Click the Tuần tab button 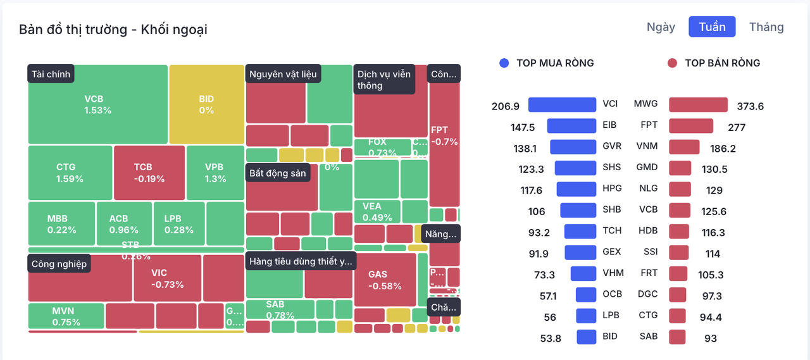tap(712, 27)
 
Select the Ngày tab tap(661, 27)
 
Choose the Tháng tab tap(766, 27)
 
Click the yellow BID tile tap(206, 104)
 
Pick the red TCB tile tap(149, 173)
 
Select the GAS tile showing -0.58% tap(385, 280)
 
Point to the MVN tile tap(66, 316)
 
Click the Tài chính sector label tap(51, 74)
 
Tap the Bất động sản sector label tap(278, 173)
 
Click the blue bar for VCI tap(562, 105)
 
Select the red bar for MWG tap(698, 105)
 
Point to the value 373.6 tap(750, 106)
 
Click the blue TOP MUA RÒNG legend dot tap(504, 63)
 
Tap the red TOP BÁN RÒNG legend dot tap(672, 63)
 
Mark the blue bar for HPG tap(576, 189)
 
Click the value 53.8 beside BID tap(550, 338)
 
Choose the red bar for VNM tap(684, 147)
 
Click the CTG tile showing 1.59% tap(70, 173)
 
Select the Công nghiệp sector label tap(59, 264)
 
